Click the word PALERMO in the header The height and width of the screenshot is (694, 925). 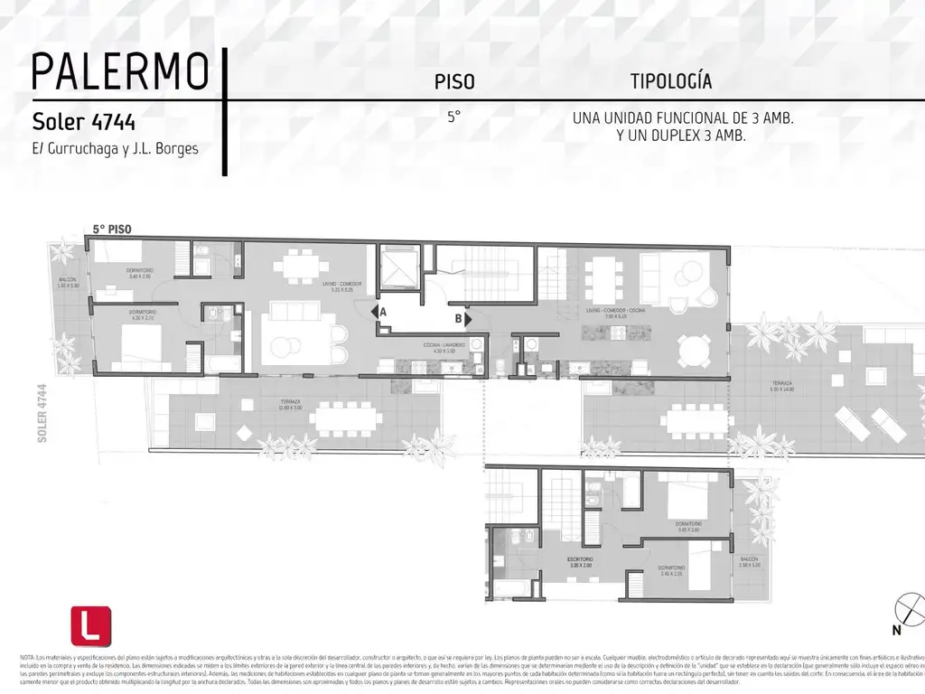click(120, 71)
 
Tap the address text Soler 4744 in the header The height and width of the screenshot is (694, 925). click(84, 120)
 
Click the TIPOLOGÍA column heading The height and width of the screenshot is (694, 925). click(670, 81)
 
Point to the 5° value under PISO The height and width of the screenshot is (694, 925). click(453, 117)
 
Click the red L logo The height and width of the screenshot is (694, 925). click(90, 625)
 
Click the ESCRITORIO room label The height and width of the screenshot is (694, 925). click(580, 563)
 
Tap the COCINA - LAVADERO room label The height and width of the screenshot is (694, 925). click(443, 347)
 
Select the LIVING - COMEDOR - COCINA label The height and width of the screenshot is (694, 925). click(612, 312)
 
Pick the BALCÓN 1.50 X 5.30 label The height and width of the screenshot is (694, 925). click(70, 283)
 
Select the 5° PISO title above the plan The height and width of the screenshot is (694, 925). click(113, 230)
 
